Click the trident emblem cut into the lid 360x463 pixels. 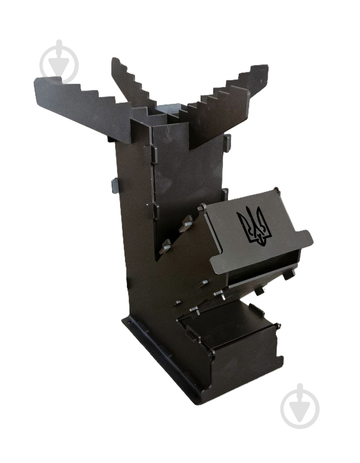click(254, 227)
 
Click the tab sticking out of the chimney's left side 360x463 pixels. click(115, 185)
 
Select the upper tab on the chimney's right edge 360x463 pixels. click(227, 143)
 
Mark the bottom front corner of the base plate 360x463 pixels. click(199, 399)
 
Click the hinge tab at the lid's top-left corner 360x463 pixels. click(202, 207)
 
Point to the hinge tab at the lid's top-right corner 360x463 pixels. click(275, 191)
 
